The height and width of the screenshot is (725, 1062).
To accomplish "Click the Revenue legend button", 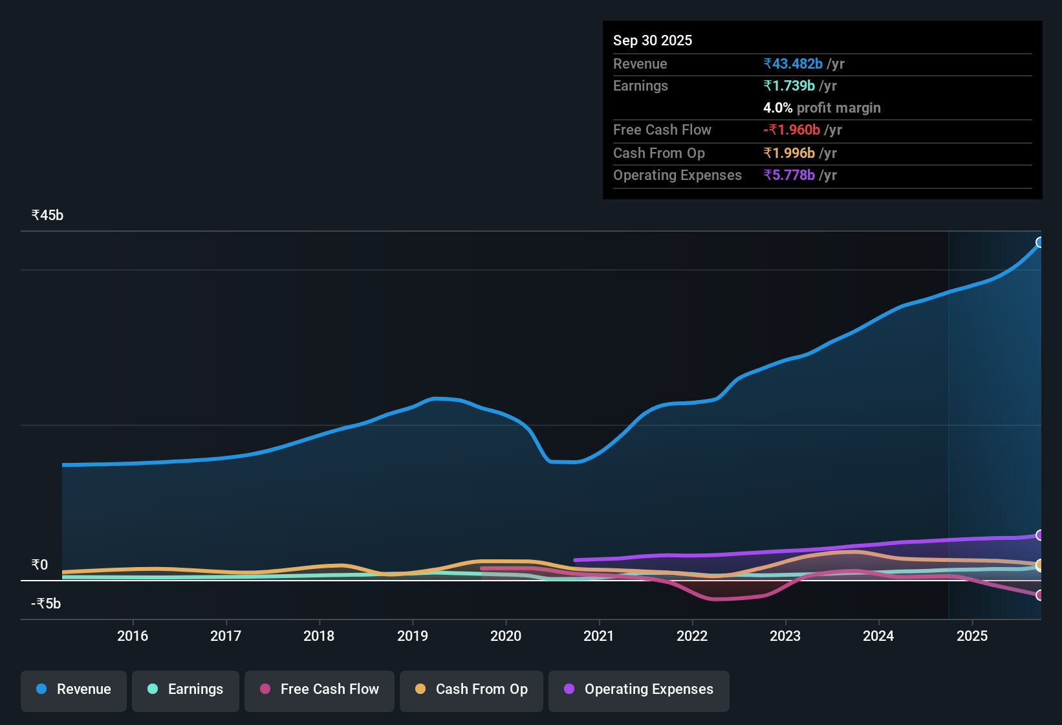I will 74,689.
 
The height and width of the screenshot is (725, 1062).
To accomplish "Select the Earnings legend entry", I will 186,689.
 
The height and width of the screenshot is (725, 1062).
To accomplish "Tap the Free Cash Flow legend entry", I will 320,689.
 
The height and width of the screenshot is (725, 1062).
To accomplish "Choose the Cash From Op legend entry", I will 471,689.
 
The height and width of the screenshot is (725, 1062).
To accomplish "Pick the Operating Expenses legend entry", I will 639,689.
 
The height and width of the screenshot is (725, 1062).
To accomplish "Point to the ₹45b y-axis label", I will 47,216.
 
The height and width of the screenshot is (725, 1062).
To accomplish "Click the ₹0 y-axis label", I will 39,565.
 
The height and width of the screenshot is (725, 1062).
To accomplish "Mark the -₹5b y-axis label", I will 46,604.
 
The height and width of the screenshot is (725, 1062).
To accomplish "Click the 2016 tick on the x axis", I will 133,636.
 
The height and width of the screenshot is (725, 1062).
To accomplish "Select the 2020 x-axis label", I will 506,636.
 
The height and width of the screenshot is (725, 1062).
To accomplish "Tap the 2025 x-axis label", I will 972,636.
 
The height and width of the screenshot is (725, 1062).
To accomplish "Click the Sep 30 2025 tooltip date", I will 652,41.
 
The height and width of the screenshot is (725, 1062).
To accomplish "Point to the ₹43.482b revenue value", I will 793,64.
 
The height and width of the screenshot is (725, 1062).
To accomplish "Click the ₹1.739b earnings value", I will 789,86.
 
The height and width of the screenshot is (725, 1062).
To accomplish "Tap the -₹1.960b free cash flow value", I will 792,130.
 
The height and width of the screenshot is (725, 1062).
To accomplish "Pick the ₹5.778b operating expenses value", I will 789,175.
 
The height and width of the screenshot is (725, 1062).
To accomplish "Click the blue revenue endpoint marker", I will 1039,243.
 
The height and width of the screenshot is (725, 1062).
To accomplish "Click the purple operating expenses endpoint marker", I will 1039,535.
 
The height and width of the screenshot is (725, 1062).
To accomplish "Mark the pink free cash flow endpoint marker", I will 1039,595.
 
